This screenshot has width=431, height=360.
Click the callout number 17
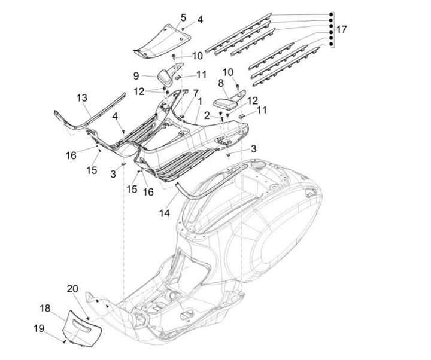click(x=341, y=29)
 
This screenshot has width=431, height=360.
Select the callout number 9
click(x=136, y=76)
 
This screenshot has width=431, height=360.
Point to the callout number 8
click(x=220, y=83)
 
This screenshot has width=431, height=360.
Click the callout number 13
click(x=82, y=97)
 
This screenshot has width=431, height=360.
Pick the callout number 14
click(x=163, y=212)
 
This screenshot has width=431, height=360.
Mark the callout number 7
click(x=195, y=93)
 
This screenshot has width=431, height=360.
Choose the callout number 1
click(x=192, y=102)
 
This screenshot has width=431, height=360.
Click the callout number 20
click(x=72, y=289)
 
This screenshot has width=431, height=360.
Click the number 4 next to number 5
click(x=200, y=20)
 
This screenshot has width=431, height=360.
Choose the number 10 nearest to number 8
click(x=227, y=72)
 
